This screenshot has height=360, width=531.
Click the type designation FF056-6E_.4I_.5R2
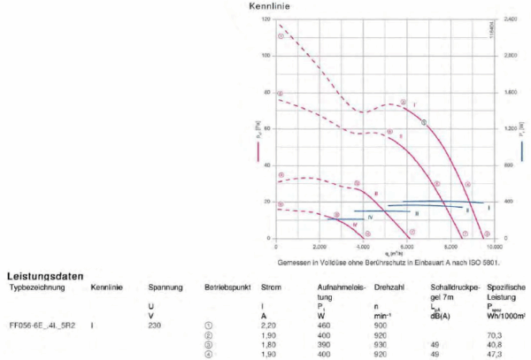[x=41, y=326]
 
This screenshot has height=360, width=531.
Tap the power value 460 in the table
[x=324, y=326]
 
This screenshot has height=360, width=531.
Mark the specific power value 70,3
[x=495, y=335]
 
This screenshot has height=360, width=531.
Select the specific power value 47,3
[x=495, y=354]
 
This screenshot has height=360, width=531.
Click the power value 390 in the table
[x=324, y=345]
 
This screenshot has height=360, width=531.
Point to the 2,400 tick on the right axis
[x=511, y=18]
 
